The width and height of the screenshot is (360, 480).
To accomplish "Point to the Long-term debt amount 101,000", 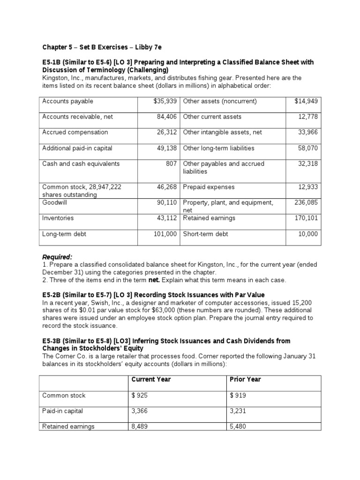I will (x=165, y=234).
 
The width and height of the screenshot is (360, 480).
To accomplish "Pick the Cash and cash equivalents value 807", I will (x=171, y=164).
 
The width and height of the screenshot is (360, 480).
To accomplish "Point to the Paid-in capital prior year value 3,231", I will (x=238, y=411).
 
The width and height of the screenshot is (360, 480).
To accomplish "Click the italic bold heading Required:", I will (x=57, y=257).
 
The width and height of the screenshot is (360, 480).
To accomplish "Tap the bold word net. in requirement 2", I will (x=169, y=280).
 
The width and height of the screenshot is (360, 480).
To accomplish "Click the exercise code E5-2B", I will (x=52, y=295).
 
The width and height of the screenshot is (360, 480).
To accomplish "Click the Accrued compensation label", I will (x=75, y=132).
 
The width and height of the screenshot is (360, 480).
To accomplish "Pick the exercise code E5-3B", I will (x=52, y=341).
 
